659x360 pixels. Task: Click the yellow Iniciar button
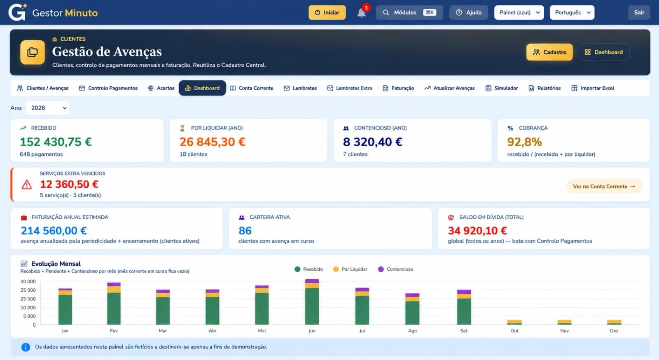tap(327, 12)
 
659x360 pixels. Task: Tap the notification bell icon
tap(361, 13)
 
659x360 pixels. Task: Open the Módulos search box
tap(409, 12)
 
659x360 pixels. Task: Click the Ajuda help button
tap(468, 12)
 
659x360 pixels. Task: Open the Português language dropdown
tap(572, 12)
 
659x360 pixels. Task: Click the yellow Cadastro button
tap(549, 52)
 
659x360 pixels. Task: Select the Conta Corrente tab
tap(252, 88)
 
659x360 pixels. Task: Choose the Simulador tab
tap(502, 88)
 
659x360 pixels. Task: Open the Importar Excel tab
tap(593, 88)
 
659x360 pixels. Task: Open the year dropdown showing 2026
tap(48, 108)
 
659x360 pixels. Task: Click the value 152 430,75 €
tap(56, 142)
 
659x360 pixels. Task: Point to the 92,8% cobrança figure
tap(524, 142)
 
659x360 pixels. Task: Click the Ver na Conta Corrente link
tap(604, 186)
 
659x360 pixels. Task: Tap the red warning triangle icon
tap(27, 185)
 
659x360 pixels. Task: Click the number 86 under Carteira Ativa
tap(245, 231)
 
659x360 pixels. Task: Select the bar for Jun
tap(312, 302)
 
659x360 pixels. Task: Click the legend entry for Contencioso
tap(395, 269)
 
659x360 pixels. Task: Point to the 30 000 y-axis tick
tap(28, 281)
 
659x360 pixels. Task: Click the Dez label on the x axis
tap(614, 331)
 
